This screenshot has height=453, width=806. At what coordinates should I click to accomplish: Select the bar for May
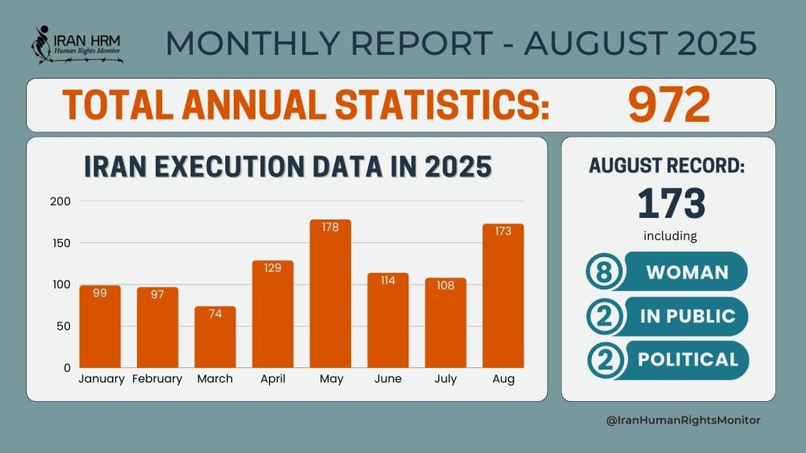(331, 295)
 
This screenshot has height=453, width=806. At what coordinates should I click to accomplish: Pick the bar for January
(100, 326)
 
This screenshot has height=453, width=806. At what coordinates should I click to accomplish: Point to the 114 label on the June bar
(388, 281)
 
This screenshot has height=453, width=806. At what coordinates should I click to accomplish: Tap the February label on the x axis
(157, 379)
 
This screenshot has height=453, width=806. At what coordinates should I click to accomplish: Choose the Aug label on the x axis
(503, 379)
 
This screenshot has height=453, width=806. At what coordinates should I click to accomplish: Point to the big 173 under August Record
(671, 203)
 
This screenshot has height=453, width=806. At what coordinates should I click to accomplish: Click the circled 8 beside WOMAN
(604, 272)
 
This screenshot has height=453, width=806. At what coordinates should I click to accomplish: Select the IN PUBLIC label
(687, 316)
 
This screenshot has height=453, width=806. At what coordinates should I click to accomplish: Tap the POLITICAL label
(688, 359)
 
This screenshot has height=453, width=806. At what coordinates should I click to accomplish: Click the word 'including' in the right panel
(671, 235)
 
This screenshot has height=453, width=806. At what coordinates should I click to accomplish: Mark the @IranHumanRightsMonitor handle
(683, 421)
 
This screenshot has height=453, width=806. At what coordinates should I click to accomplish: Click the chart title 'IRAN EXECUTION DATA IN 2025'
(287, 168)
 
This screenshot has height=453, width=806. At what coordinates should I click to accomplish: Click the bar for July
(446, 323)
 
